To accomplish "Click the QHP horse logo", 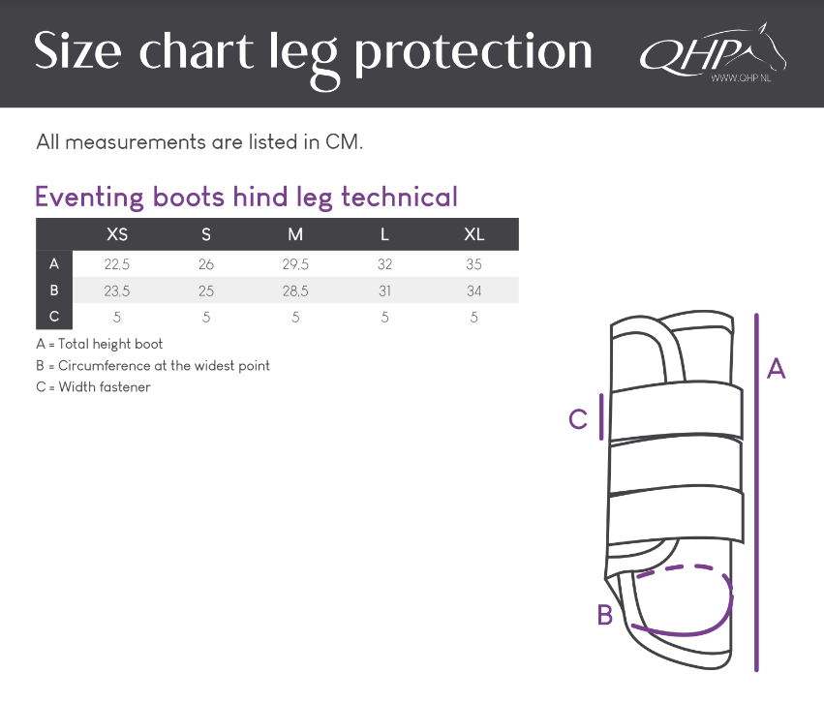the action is click(713, 52).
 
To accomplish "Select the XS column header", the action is click(116, 234).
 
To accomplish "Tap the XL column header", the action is click(474, 234).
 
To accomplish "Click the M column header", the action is click(295, 234).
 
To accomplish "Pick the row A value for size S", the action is click(206, 264).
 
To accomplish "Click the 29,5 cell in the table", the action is click(295, 264).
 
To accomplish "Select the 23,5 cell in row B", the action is click(116, 291).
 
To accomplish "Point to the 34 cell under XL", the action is click(474, 291).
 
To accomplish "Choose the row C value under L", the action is click(384, 318).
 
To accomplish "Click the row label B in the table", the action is click(54, 290).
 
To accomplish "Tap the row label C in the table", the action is click(54, 317).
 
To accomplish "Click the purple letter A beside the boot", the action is click(776, 368).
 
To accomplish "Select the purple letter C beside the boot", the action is click(578, 420).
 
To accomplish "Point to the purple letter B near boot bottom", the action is click(605, 615).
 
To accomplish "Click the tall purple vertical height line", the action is click(756, 492).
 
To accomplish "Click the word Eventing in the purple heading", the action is click(89, 198).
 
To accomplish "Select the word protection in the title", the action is click(473, 52).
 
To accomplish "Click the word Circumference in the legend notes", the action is click(105, 366).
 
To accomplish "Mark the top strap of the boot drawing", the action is click(677, 413).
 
